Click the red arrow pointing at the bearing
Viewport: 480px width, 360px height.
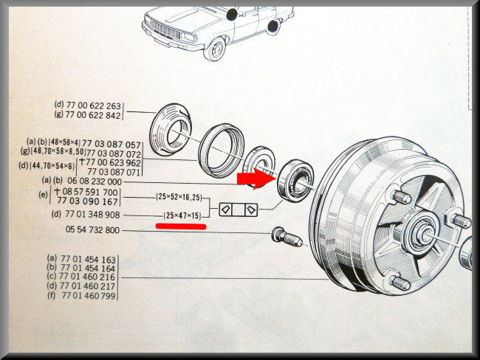(x=256, y=179)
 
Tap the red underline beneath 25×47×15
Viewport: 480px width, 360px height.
(x=181, y=226)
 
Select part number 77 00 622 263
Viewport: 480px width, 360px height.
(x=94, y=105)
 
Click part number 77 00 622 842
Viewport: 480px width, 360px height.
(x=94, y=115)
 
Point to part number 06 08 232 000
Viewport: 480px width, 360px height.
(x=95, y=181)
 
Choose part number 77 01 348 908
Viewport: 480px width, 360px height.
(x=92, y=215)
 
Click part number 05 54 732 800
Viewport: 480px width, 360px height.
(x=92, y=229)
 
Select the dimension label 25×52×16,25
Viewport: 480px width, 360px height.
(x=179, y=197)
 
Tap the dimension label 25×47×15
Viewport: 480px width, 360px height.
(x=182, y=215)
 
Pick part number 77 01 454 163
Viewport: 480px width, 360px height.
(x=88, y=260)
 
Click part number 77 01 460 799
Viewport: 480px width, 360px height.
(x=89, y=296)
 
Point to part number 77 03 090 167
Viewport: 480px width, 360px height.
(x=88, y=201)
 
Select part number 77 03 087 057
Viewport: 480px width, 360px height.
(x=112, y=144)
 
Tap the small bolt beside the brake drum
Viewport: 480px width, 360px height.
(x=287, y=236)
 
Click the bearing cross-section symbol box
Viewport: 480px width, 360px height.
(x=239, y=210)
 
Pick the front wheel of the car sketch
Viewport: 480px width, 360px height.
(x=215, y=49)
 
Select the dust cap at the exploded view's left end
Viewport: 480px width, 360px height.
(x=171, y=130)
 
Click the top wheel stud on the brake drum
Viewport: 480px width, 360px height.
(x=401, y=197)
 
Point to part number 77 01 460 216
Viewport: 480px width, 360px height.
(x=87, y=277)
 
